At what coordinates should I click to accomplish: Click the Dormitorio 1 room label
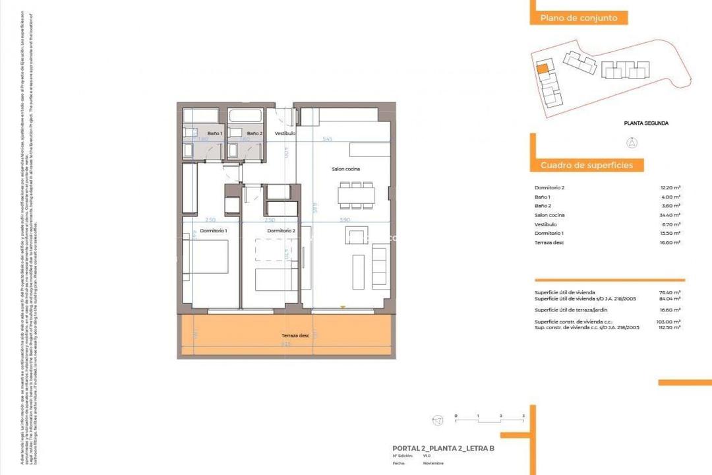214,231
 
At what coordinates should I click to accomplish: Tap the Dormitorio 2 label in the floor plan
280,231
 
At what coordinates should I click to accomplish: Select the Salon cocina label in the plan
345,170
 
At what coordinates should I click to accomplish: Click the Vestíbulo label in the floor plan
285,133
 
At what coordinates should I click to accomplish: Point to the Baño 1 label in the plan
215,133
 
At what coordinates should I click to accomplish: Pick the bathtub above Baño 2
246,117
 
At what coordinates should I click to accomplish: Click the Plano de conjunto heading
579,18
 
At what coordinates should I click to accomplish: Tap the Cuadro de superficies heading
587,165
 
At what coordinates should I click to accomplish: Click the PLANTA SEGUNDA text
646,123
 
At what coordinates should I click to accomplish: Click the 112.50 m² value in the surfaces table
671,327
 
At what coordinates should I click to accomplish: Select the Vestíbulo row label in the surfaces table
546,224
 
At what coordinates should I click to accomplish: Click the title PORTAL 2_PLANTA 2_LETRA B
443,449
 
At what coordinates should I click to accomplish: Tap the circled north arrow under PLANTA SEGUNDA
631,142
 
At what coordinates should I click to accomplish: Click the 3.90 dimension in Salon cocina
344,220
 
